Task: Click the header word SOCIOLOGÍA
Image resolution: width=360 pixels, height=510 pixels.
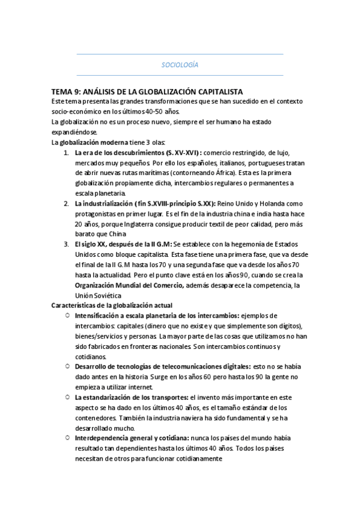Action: tap(180, 64)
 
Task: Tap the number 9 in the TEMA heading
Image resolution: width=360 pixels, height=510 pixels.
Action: tap(75, 91)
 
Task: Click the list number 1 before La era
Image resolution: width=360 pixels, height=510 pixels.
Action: tap(66, 153)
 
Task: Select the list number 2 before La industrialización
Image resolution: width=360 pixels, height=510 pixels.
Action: tap(66, 203)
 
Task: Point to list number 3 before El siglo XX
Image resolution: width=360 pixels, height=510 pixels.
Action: tap(66, 245)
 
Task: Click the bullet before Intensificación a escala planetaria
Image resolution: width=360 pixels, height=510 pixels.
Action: tap(67, 316)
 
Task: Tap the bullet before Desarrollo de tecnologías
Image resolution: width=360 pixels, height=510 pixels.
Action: tap(67, 366)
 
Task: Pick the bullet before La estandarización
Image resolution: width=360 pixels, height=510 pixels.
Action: tap(67, 397)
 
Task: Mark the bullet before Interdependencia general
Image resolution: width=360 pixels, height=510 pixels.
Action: tap(67, 438)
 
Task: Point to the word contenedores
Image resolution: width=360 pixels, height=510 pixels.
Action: tap(95, 417)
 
